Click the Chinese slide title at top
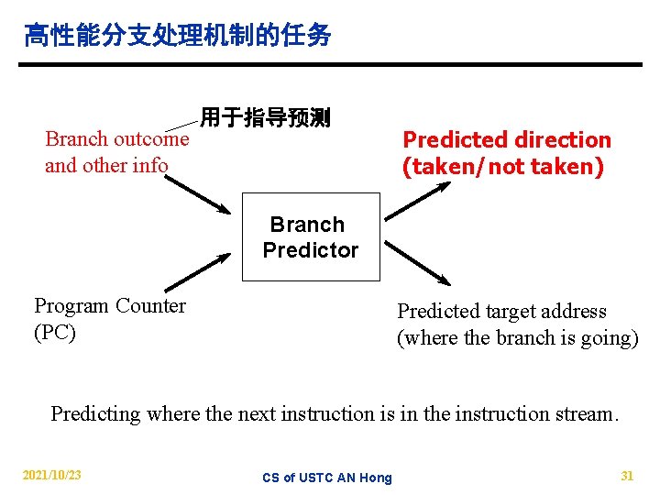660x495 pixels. click(x=177, y=37)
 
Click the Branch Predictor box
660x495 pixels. click(x=311, y=236)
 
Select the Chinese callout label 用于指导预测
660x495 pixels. click(x=266, y=117)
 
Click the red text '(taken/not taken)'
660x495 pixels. click(x=503, y=167)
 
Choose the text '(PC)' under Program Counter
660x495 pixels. click(x=55, y=332)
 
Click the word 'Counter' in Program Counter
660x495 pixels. click(x=150, y=306)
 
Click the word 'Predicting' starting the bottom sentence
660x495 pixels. click(x=94, y=413)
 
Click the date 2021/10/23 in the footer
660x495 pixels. click(x=51, y=475)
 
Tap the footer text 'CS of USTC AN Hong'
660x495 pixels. click(x=326, y=478)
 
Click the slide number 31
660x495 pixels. click(x=627, y=475)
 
